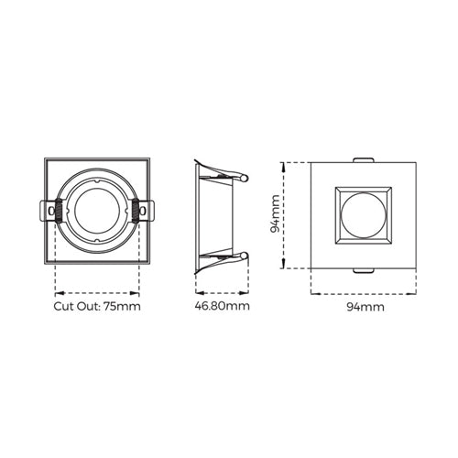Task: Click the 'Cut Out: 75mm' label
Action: point(97,306)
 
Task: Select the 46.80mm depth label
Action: point(222,306)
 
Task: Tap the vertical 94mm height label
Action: point(276,213)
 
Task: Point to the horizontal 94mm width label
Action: point(365,307)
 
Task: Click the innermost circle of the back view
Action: point(96,211)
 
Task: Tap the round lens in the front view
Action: point(363,215)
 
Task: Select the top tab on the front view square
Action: point(363,160)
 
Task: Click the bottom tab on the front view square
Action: point(363,270)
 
